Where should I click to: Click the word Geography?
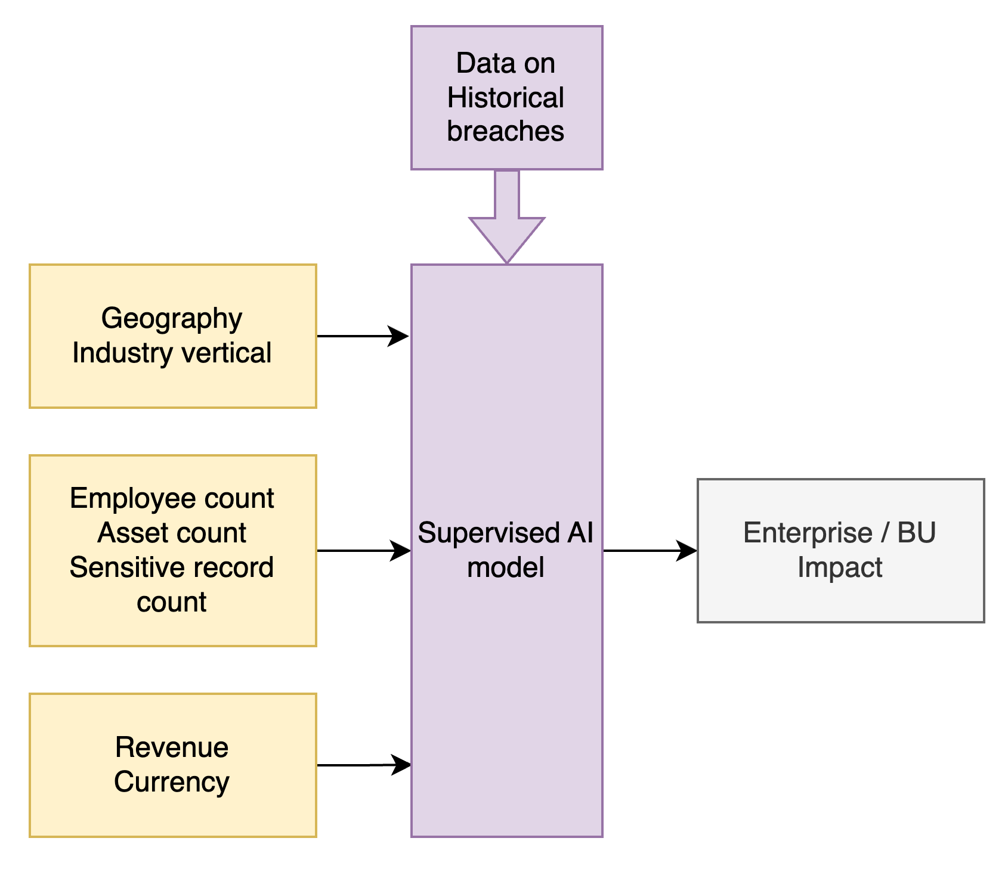(171, 319)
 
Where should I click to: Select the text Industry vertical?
(172, 353)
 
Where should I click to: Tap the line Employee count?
(172, 498)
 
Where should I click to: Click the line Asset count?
(172, 533)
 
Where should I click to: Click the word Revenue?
(172, 747)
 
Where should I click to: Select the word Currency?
(172, 782)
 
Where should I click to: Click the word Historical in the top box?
(505, 98)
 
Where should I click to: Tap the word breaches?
(505, 132)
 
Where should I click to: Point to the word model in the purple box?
(505, 567)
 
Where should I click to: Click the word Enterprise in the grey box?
(808, 533)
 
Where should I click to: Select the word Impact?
(840, 567)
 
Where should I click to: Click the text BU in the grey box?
(916, 533)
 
